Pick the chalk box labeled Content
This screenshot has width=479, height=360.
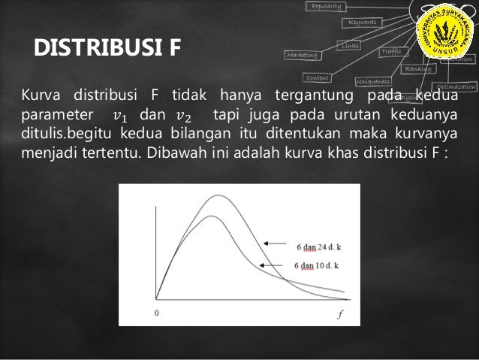318,77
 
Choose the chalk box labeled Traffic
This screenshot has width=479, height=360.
391,52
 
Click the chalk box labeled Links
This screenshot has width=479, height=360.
350,46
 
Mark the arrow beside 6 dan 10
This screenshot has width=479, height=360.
275,265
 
